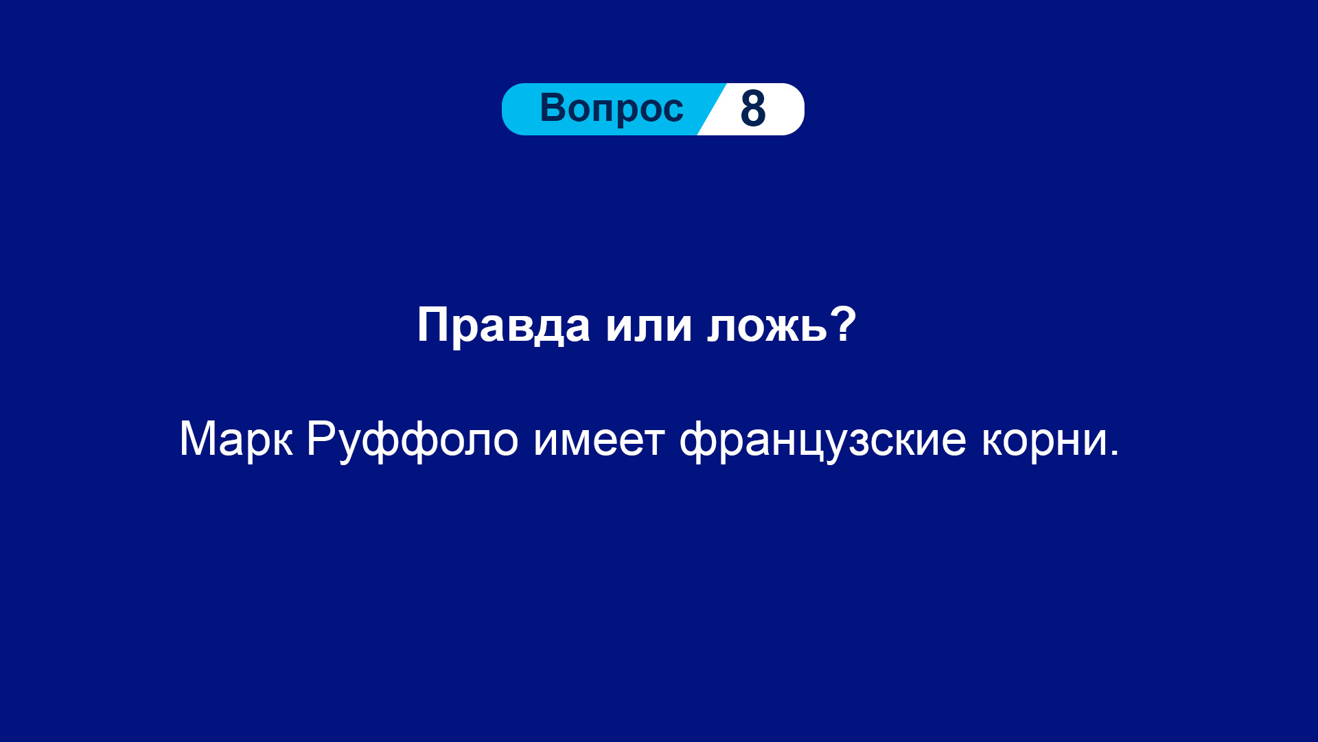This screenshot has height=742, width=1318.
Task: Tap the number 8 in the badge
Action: click(x=753, y=109)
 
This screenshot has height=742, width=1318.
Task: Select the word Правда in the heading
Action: click(x=503, y=326)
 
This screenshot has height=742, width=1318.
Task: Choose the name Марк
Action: click(x=236, y=439)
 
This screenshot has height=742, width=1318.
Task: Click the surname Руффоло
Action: click(x=412, y=440)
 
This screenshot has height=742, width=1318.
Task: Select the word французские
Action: click(x=822, y=440)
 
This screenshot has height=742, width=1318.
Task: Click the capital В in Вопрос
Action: click(x=554, y=108)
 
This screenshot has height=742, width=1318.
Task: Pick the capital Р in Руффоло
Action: click(x=321, y=438)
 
